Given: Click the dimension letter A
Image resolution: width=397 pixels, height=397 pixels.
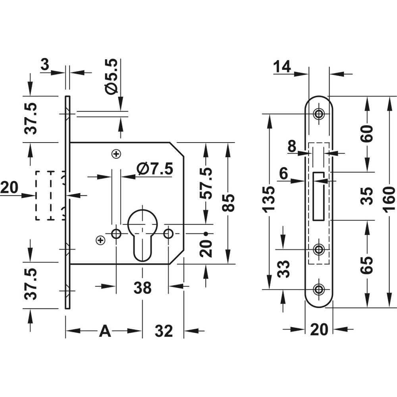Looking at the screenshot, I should click(105, 331).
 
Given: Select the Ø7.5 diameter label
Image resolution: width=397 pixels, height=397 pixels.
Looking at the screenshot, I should click(155, 170).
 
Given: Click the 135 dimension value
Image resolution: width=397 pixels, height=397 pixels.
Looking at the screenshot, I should click(269, 198).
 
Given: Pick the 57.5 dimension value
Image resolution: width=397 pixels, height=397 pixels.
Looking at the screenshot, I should click(206, 183).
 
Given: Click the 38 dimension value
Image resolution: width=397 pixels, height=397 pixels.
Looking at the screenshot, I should click(142, 288).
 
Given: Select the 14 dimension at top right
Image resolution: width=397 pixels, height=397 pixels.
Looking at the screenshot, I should click(282, 67).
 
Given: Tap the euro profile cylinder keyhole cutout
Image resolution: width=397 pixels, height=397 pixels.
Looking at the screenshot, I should click(143, 234).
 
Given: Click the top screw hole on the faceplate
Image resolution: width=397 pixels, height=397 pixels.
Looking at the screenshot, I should click(318, 114).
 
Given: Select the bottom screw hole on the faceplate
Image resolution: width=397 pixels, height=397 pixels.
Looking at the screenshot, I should click(318, 289).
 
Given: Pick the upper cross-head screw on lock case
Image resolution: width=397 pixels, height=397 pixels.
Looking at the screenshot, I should click(116, 154).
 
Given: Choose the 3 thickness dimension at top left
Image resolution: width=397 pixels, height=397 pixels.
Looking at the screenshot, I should click(45, 65).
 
